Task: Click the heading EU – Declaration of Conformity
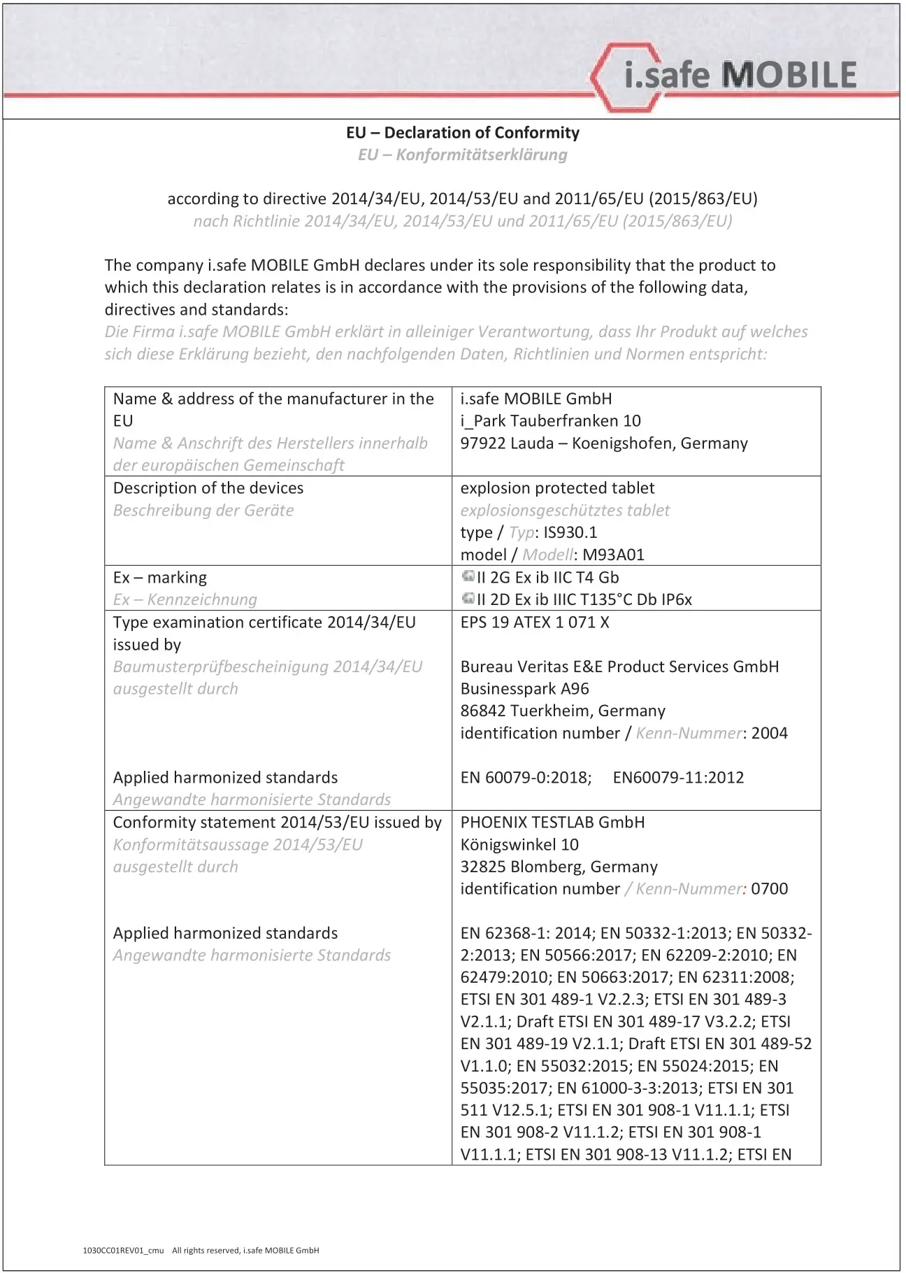[462, 133]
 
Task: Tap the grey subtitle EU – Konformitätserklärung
[462, 155]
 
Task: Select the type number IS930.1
[570, 533]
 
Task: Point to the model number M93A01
[613, 555]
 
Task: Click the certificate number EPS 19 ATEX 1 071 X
[535, 623]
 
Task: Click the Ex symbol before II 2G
[468, 577]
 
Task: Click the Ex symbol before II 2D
[468, 599]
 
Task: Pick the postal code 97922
[483, 444]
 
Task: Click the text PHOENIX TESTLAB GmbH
[552, 823]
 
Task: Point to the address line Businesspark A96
[524, 689]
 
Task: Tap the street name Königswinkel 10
[519, 845]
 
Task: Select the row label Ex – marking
[160, 578]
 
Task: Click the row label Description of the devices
[208, 488]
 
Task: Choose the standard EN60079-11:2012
[678, 778]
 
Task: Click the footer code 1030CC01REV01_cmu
[123, 1250]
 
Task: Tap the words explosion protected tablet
[557, 488]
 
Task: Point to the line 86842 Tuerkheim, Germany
[563, 711]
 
